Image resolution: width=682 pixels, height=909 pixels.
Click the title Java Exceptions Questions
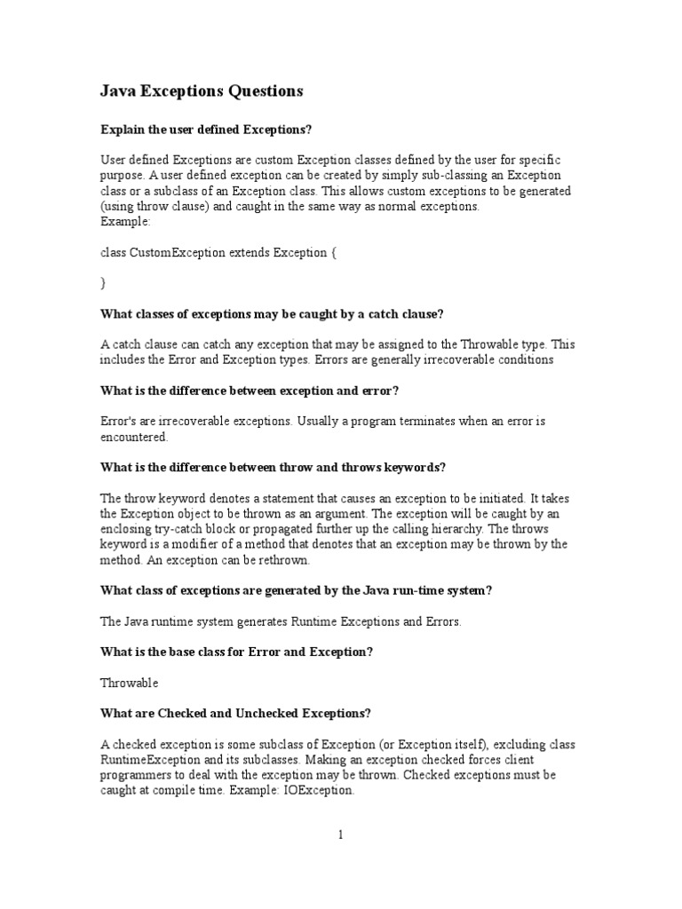point(202,91)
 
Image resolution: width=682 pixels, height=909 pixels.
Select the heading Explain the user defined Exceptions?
point(206,130)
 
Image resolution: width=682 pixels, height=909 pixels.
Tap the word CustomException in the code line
point(178,252)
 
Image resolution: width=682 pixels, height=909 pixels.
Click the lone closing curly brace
point(103,283)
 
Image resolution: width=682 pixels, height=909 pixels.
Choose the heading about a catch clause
point(272,313)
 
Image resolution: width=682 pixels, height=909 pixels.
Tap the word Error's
point(120,422)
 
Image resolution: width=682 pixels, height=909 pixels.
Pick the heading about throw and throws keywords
point(274,468)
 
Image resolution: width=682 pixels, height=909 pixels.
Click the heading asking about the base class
point(236,652)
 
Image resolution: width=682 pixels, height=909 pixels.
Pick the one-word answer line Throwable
point(130,683)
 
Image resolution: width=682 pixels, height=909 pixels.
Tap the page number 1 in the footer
point(340,834)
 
